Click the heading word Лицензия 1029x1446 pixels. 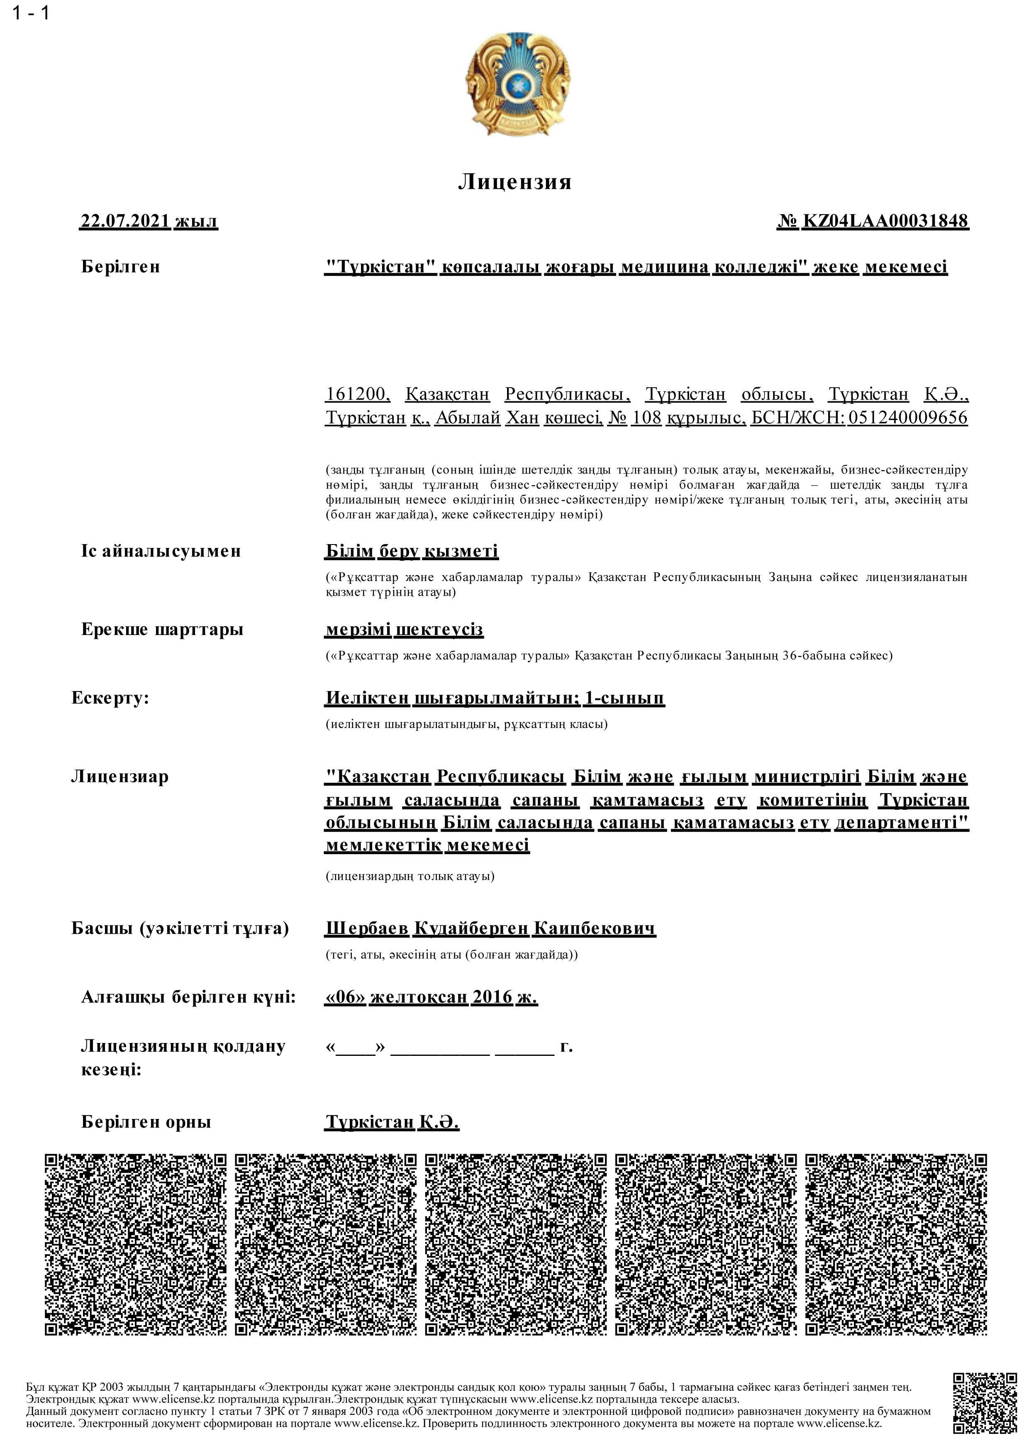tap(514, 182)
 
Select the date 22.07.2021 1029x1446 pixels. tap(125, 221)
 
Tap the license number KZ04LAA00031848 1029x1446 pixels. tap(886, 221)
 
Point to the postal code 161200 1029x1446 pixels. tap(356, 395)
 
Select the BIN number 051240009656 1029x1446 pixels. tap(907, 418)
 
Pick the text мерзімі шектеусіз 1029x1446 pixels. tap(404, 630)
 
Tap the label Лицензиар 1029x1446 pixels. tap(120, 777)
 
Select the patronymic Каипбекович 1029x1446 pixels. tap(594, 929)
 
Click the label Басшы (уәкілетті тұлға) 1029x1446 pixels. tap(180, 929)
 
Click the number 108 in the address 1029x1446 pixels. tap(646, 418)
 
